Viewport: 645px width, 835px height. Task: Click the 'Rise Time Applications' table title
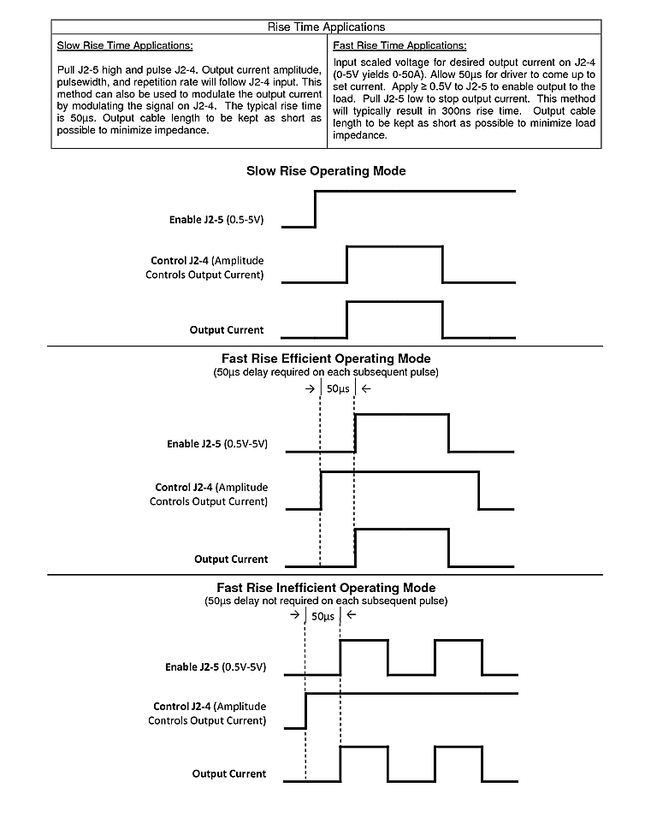[x=327, y=27]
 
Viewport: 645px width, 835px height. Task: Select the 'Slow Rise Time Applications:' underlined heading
[x=124, y=44]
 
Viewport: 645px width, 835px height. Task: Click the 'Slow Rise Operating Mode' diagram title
[x=326, y=171]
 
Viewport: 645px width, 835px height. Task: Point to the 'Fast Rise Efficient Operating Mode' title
[x=326, y=358]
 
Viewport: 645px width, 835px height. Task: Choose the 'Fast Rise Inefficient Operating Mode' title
[x=326, y=588]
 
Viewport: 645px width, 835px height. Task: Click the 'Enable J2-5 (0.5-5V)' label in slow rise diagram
[x=216, y=220]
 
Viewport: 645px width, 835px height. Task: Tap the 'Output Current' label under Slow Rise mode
[x=226, y=329]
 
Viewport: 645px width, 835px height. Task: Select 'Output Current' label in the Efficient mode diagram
[x=231, y=560]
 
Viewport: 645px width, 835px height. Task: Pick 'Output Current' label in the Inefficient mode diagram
[x=229, y=774]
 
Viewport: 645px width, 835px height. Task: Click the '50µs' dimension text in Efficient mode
[x=338, y=389]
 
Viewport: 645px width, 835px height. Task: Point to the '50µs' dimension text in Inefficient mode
[x=322, y=616]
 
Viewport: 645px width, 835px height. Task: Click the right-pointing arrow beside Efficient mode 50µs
[x=309, y=389]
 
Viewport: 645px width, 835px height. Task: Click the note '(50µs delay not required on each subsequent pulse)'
[x=326, y=601]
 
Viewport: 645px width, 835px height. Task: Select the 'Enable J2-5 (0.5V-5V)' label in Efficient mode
[x=217, y=444]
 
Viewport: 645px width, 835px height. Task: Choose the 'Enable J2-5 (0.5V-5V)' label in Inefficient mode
[x=216, y=666]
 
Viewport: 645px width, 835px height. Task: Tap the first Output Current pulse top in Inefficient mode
[x=364, y=747]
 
